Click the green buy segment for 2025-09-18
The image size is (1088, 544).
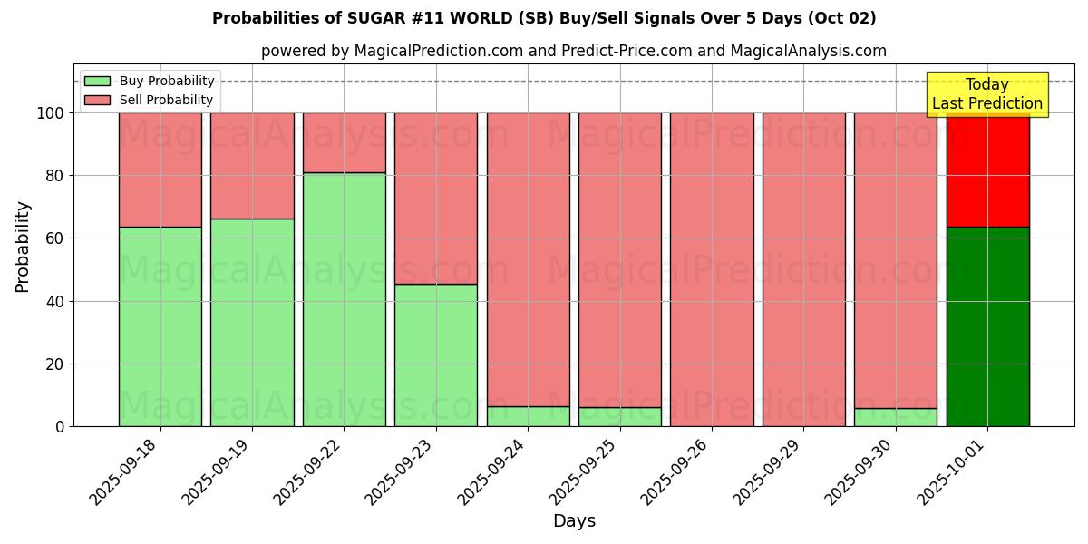pos(160,326)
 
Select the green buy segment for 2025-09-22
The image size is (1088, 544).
pos(345,299)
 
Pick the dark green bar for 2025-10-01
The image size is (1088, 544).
pos(987,326)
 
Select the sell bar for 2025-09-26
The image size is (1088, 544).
pos(712,269)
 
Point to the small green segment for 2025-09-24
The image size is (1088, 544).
pos(529,416)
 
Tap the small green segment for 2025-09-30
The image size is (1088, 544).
pos(896,417)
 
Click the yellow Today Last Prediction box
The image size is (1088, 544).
pos(987,94)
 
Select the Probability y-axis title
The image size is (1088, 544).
pos(23,247)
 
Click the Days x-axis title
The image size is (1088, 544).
pos(574,521)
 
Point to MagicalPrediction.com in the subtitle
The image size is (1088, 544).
pos(437,51)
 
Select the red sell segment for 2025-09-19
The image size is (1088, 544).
pos(252,165)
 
